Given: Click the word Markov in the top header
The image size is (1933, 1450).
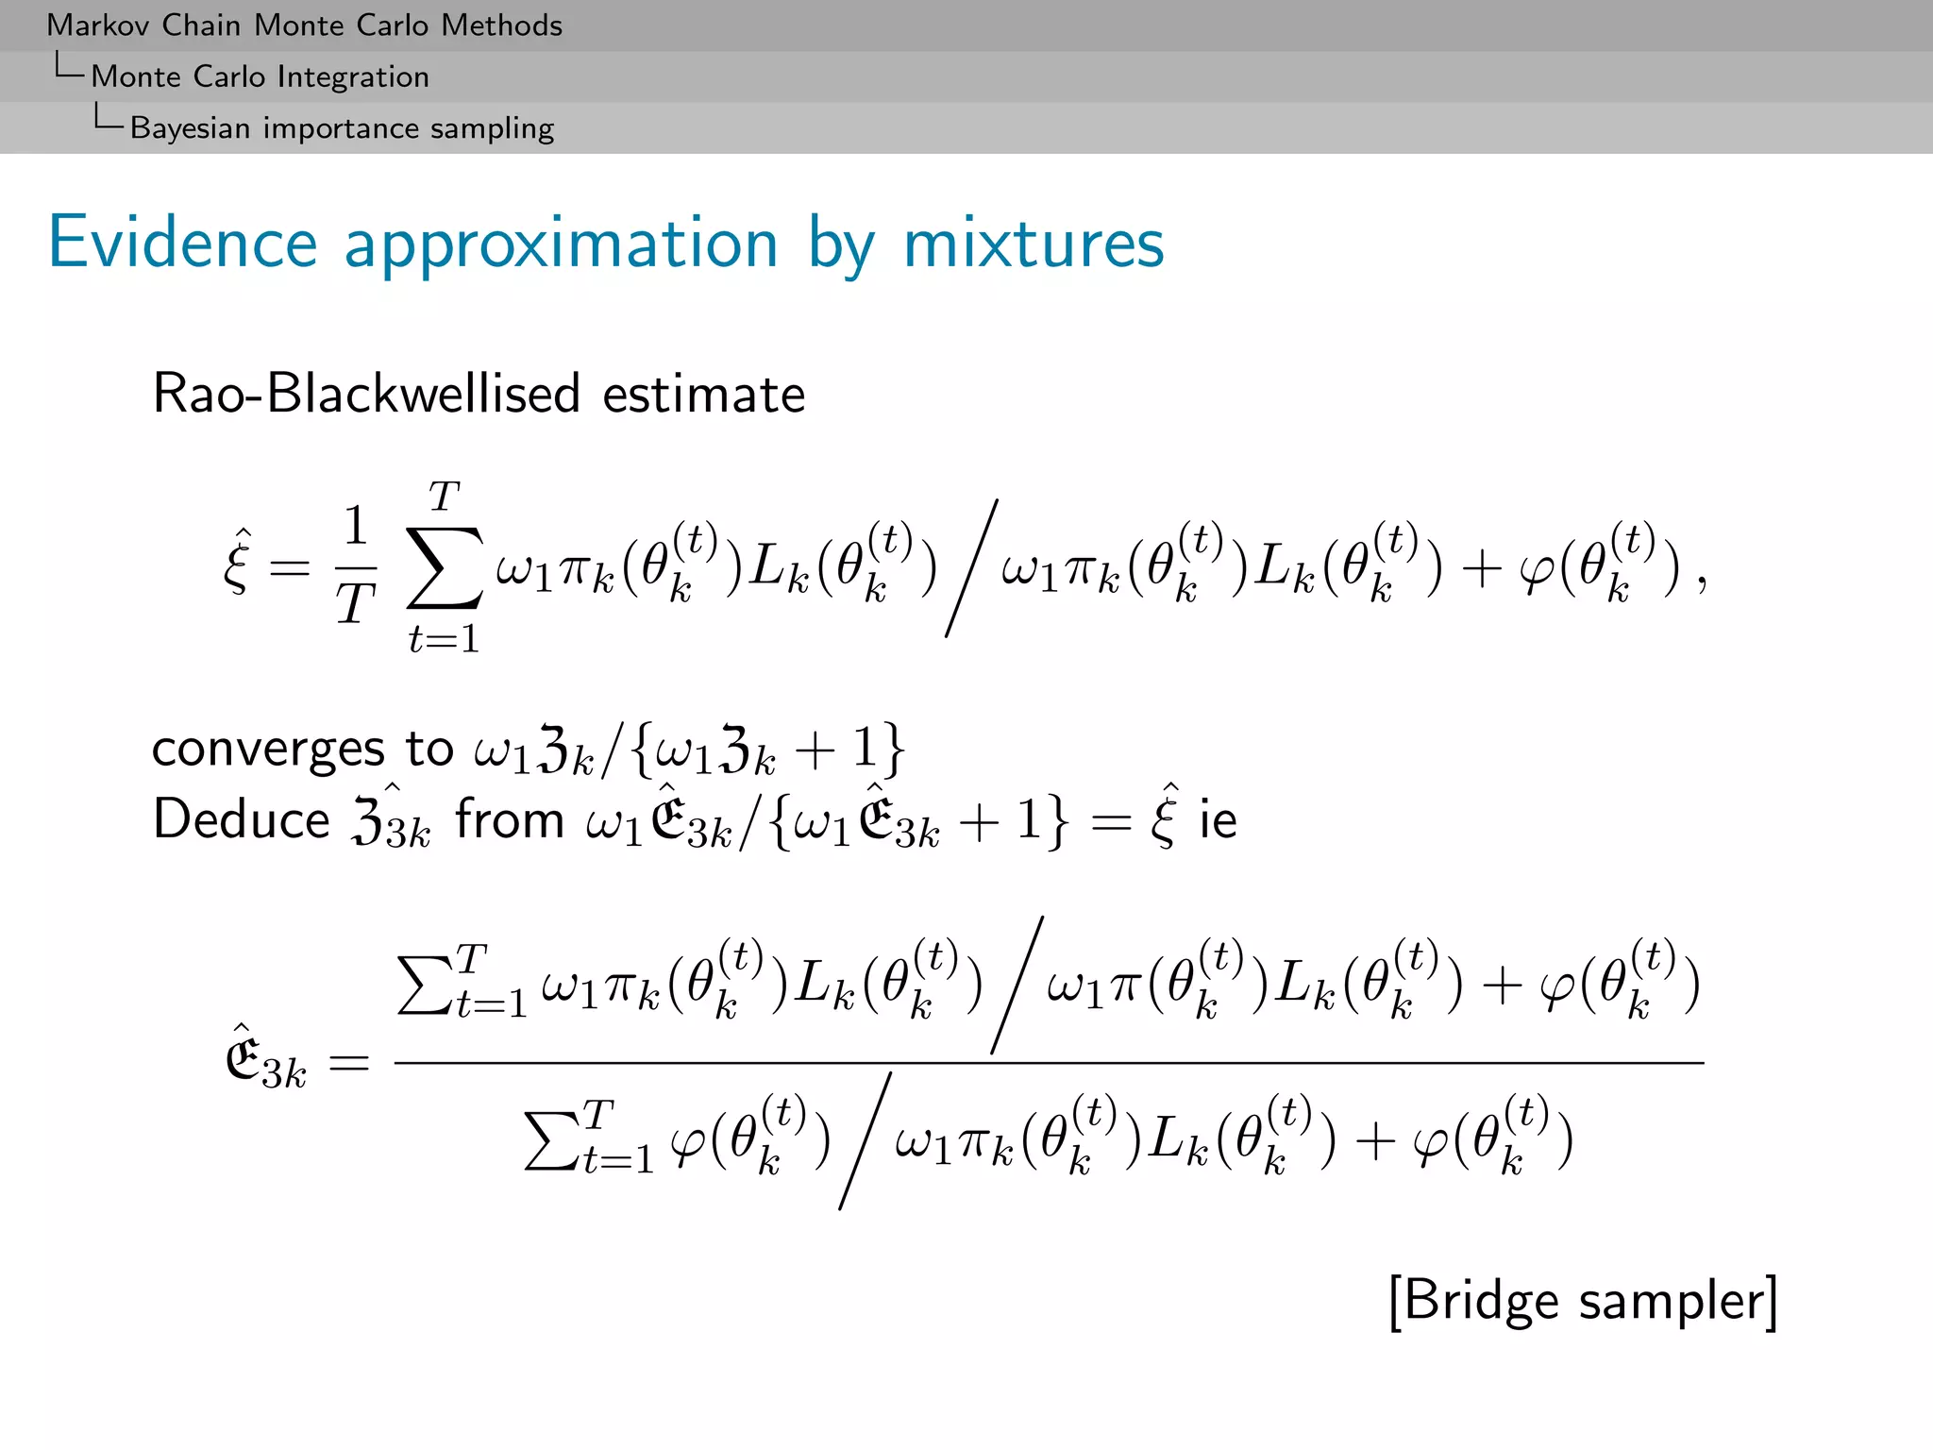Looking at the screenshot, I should (x=98, y=25).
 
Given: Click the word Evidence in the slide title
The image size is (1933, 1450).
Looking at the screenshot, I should (x=182, y=243).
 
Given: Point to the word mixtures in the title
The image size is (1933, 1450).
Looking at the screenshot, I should (x=1034, y=243).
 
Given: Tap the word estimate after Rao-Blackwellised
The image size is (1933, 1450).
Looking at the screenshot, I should (x=704, y=394).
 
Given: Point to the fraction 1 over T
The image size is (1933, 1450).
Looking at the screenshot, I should (x=356, y=566).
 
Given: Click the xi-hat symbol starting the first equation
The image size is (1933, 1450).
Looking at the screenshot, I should (x=238, y=564).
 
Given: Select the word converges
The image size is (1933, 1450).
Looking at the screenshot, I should (x=268, y=750).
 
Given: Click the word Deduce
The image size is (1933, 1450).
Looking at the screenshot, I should (x=242, y=818).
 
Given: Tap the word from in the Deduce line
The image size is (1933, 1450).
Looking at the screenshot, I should (x=510, y=818).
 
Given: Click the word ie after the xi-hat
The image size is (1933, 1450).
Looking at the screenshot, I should (x=1218, y=818).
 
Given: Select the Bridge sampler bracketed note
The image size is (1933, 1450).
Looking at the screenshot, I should (x=1583, y=1301).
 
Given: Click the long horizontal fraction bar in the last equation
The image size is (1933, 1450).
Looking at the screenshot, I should (x=1048, y=1063).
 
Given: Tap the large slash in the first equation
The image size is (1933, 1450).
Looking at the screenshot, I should (x=971, y=568).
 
